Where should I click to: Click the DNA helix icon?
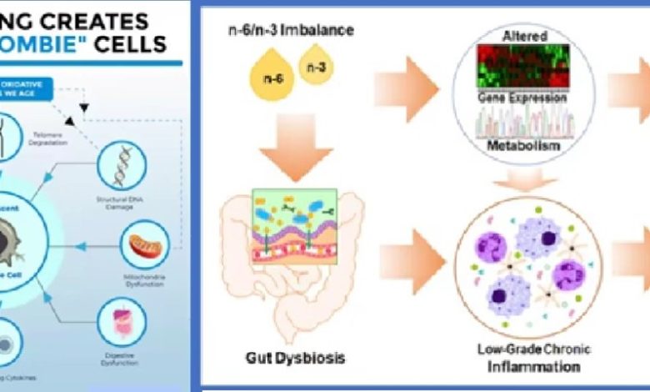[x=122, y=164]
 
